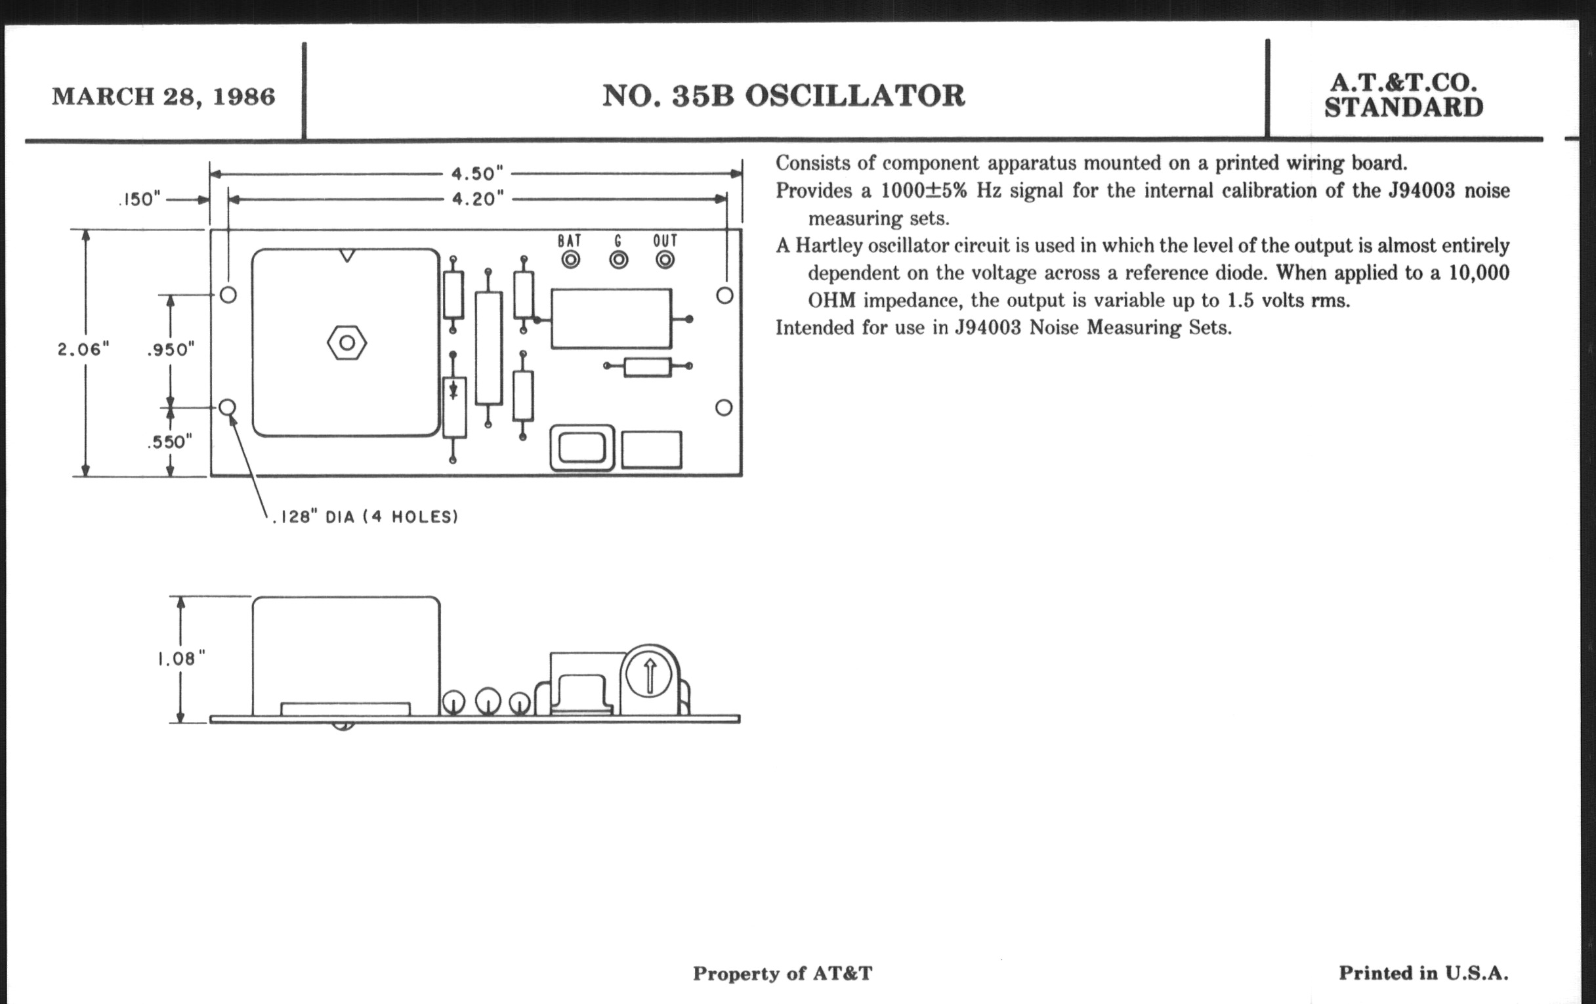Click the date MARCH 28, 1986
pos(163,96)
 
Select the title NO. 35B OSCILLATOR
pos(784,96)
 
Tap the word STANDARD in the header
pos(1403,108)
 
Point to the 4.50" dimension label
pos(477,174)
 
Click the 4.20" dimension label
pos(477,199)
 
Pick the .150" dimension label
pos(140,199)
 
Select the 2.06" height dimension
pos(83,349)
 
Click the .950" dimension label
pos(171,349)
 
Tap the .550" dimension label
pos(170,442)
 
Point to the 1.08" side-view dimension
pos(180,659)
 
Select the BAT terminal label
pos(570,241)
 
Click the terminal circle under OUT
pos(665,260)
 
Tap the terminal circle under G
pos(618,260)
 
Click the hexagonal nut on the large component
pos(346,343)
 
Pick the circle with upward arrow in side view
pos(649,676)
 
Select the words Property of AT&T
pos(783,974)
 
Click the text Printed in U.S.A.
pos(1423,973)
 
